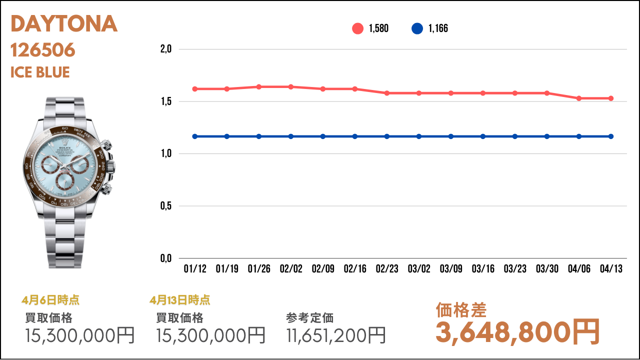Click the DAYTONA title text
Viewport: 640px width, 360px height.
pyautogui.click(x=64, y=24)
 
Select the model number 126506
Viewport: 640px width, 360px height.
pyautogui.click(x=43, y=50)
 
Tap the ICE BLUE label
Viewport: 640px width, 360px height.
pyautogui.click(x=40, y=72)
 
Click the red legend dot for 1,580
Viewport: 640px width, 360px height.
pyautogui.click(x=357, y=28)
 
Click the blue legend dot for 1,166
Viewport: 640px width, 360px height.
pyautogui.click(x=417, y=28)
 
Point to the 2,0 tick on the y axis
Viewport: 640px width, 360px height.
pyautogui.click(x=166, y=49)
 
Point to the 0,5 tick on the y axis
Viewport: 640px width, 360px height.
pyautogui.click(x=166, y=205)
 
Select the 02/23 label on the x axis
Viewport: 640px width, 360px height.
pyautogui.click(x=387, y=269)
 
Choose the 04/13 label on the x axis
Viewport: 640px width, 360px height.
pyautogui.click(x=611, y=269)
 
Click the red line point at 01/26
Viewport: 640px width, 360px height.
pyautogui.click(x=259, y=87)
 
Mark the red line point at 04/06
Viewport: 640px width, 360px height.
pyautogui.click(x=579, y=98)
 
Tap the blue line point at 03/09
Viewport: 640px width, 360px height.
pyautogui.click(x=451, y=136)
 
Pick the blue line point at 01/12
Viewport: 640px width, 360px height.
pyautogui.click(x=195, y=136)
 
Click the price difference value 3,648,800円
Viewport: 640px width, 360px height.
pyautogui.click(x=517, y=331)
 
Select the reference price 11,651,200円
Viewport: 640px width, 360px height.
pyautogui.click(x=336, y=335)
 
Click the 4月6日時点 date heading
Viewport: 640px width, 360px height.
pyautogui.click(x=50, y=300)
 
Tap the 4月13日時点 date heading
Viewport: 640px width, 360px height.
pyautogui.click(x=180, y=300)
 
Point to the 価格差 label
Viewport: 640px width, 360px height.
pyautogui.click(x=461, y=310)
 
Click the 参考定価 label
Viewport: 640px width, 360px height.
pyautogui.click(x=310, y=317)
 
